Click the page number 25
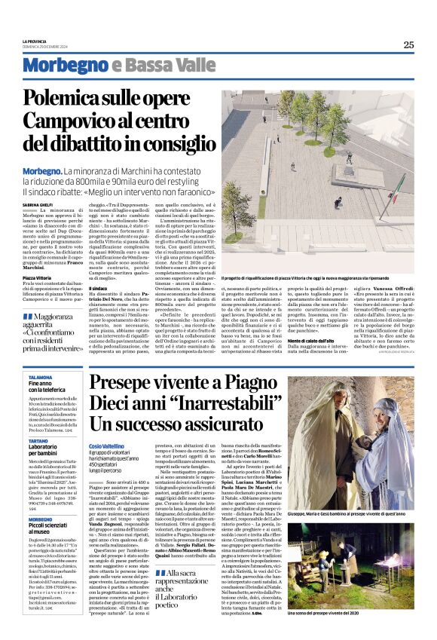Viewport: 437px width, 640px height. coord(408,44)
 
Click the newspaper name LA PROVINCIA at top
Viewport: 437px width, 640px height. coord(35,41)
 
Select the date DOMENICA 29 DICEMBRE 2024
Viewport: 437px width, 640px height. coord(45,47)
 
